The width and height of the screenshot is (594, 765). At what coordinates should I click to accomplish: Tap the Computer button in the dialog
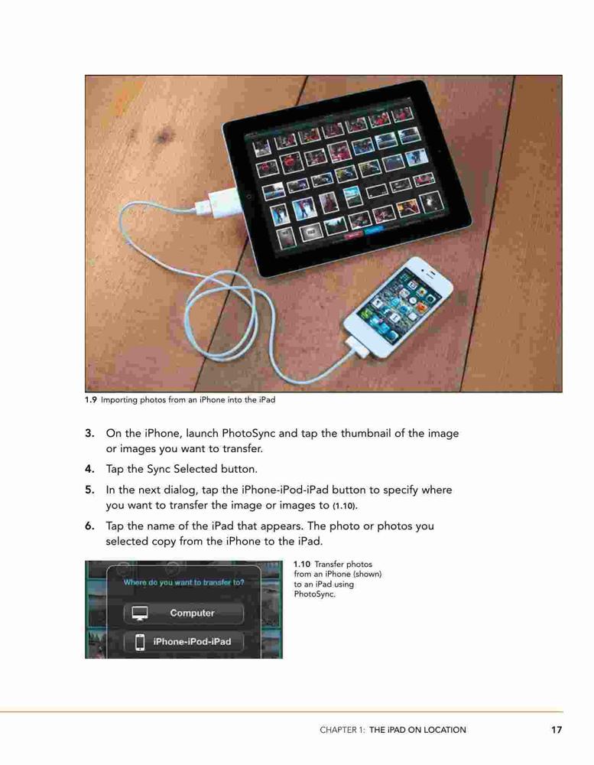[x=183, y=614]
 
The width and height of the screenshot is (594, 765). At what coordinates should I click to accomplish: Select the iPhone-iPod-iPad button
[x=183, y=642]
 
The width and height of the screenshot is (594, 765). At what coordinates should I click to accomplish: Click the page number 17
[x=557, y=730]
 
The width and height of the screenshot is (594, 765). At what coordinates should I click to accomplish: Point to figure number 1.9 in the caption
[x=91, y=400]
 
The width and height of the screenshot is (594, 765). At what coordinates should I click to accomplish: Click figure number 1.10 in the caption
[x=302, y=564]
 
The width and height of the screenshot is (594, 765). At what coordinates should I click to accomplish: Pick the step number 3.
[x=89, y=433]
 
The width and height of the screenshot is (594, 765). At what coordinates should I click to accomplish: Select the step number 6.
[x=89, y=526]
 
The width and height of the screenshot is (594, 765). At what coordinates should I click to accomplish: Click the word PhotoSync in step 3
[x=248, y=434]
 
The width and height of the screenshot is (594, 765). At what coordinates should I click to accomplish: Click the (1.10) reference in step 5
[x=345, y=506]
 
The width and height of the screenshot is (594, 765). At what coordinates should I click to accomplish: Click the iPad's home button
[x=249, y=197]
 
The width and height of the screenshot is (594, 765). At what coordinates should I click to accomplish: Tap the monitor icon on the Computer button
[x=140, y=614]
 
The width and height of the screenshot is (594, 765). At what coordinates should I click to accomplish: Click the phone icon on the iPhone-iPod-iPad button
[x=140, y=642]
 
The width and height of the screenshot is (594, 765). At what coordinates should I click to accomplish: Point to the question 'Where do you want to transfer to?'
[x=183, y=582]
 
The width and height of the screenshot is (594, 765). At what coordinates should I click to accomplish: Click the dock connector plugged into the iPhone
[x=355, y=347]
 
